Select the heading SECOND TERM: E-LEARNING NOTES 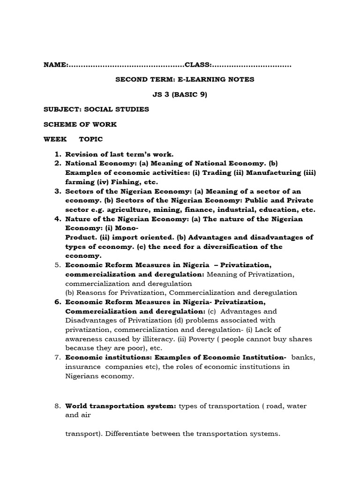[185, 79]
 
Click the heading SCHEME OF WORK [80, 124]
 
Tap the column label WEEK [55, 139]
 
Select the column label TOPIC [91, 139]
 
